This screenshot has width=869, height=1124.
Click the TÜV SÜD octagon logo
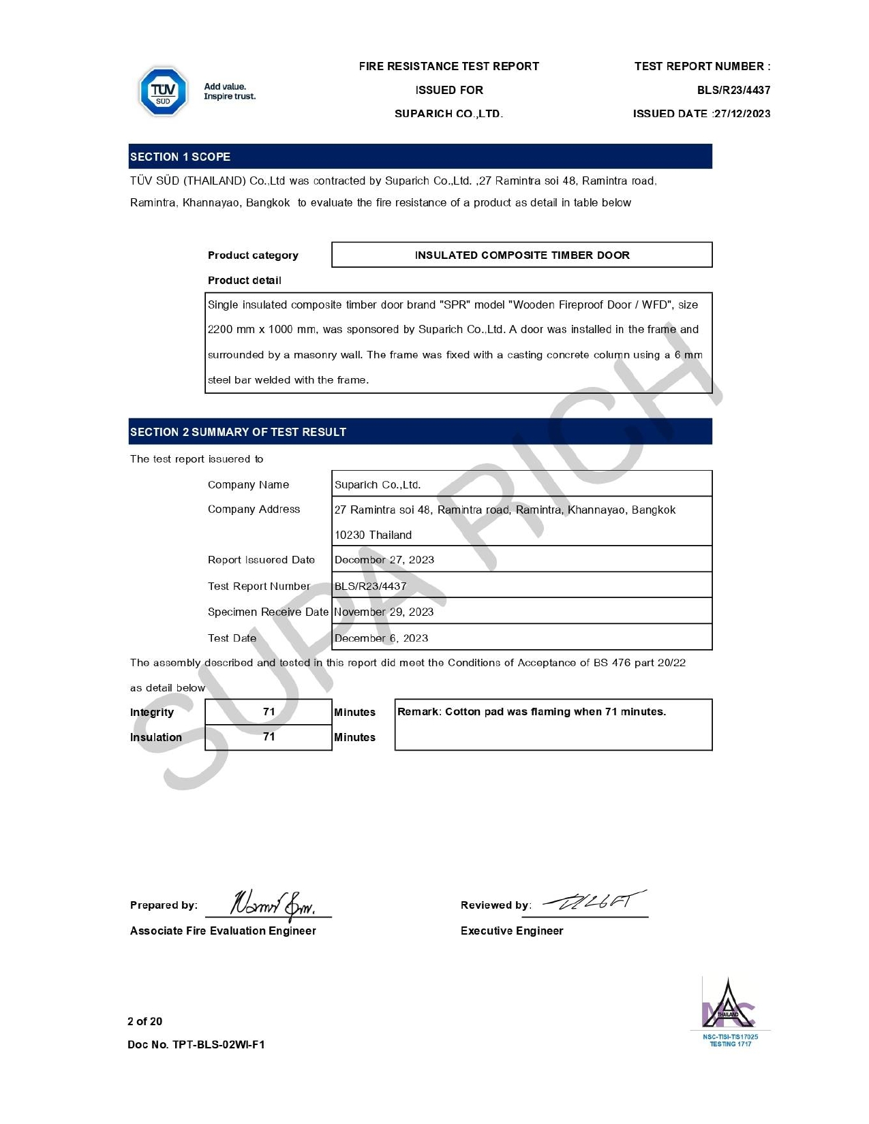click(163, 91)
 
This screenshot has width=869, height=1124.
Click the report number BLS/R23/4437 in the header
click(733, 90)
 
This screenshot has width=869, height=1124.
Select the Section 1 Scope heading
click(181, 157)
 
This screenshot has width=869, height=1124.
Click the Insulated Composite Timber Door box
click(521, 255)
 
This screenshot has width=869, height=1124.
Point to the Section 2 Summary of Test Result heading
click(238, 432)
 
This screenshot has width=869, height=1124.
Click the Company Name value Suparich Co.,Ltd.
click(378, 484)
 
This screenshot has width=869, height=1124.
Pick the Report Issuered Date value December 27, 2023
click(384, 560)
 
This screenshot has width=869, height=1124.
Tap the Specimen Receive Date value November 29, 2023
click(384, 612)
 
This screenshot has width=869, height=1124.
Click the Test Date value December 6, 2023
click(381, 638)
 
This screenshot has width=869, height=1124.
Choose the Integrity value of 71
click(269, 712)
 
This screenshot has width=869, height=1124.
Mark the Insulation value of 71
click(269, 737)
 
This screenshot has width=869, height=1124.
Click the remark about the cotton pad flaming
click(532, 712)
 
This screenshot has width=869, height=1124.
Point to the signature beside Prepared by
click(273, 904)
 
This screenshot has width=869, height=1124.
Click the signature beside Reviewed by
click(593, 903)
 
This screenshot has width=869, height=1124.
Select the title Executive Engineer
click(512, 931)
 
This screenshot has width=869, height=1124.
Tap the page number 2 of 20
click(145, 1021)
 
